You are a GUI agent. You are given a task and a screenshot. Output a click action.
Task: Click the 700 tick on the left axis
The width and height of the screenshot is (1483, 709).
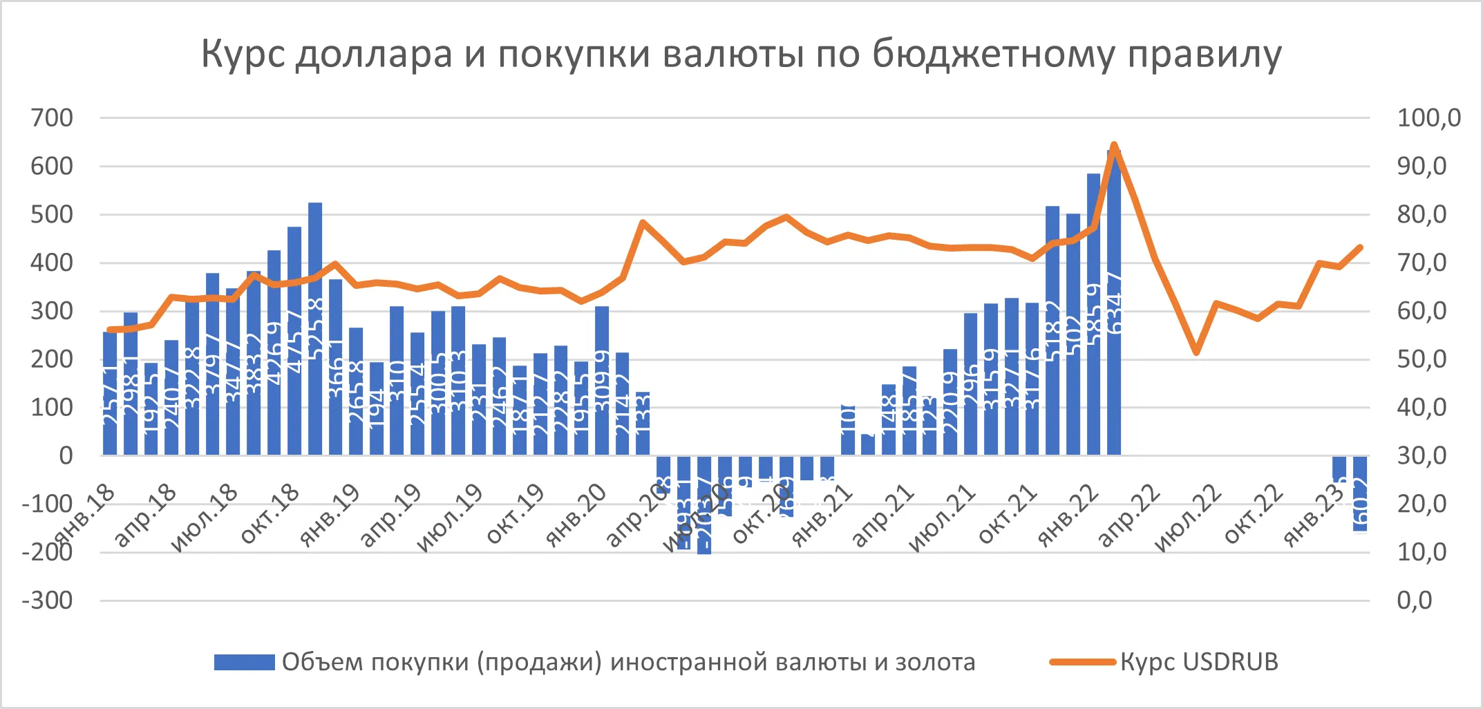[x=52, y=118]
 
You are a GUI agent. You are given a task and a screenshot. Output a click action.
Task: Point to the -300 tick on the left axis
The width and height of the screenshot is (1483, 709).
[x=47, y=601]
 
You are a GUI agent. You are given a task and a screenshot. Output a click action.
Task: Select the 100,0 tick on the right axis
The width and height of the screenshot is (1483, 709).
[x=1428, y=118]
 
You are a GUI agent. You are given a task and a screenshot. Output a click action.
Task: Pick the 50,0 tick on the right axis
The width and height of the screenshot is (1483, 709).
[x=1421, y=359]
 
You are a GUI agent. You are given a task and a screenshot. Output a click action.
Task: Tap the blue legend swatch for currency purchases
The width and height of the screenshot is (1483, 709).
[x=244, y=662]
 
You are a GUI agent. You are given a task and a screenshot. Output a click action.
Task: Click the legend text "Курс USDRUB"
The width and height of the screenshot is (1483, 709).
[x=1199, y=662]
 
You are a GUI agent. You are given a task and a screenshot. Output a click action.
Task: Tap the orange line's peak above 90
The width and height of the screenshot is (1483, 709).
[x=1114, y=146]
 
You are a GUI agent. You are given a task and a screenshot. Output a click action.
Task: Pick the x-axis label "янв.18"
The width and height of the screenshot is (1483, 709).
[x=84, y=515]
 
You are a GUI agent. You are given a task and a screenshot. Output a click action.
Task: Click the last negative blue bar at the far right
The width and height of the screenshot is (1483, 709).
[x=1360, y=493]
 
